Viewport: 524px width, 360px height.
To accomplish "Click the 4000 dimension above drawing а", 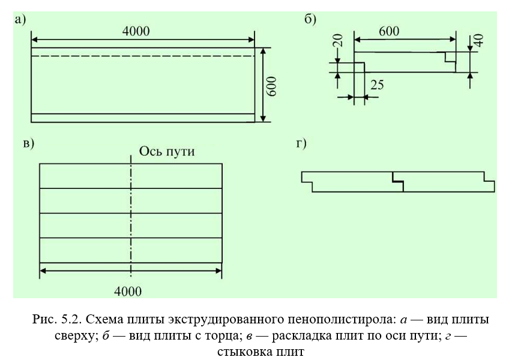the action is tap(136, 31).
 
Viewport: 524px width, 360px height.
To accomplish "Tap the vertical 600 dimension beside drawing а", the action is tap(272, 86).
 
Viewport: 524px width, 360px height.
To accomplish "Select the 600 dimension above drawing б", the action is tap(389, 31).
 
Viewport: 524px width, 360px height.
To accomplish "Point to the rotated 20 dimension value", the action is tap(338, 40).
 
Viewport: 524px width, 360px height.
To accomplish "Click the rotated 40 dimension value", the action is tap(478, 40).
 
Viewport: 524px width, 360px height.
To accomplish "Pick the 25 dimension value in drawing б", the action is tap(377, 85).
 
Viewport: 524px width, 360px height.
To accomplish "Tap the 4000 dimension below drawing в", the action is tap(128, 292).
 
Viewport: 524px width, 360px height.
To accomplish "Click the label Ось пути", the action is tap(167, 151).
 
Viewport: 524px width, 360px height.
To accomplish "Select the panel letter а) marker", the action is tap(20, 20).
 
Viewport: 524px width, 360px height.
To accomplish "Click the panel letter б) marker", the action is tap(310, 19).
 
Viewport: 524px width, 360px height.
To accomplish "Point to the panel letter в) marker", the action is tap(29, 143).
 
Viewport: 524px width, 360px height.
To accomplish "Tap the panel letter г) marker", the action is tap(301, 143).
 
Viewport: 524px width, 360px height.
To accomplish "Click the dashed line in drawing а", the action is tap(143, 56).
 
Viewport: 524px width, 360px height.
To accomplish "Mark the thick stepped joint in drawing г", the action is tap(398, 181).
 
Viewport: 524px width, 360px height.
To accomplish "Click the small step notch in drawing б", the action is tap(450, 57).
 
